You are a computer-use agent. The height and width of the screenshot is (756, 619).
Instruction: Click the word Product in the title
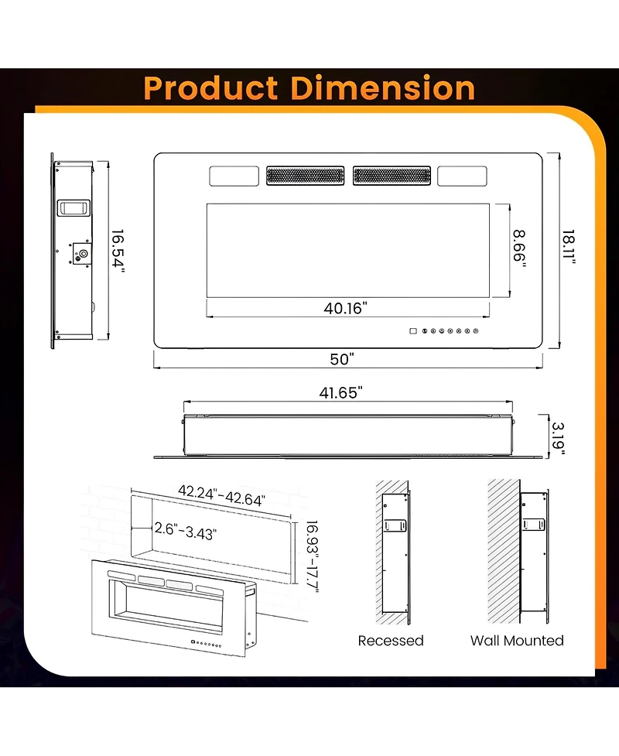click(x=211, y=88)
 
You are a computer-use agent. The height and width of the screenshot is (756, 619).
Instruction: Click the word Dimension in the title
click(x=382, y=88)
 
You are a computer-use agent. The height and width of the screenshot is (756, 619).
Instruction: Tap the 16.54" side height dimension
click(x=117, y=250)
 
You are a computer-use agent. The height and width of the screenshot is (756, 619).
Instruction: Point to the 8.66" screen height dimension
click(x=519, y=248)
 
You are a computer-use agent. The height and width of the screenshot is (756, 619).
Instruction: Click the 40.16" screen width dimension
click(x=345, y=308)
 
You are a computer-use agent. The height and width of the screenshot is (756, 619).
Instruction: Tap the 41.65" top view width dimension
click(x=343, y=392)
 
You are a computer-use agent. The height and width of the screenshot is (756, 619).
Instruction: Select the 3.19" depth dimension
click(x=557, y=438)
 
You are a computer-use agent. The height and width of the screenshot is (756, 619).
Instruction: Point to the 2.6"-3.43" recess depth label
click(x=185, y=533)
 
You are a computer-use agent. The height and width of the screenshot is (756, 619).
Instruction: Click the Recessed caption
click(x=391, y=641)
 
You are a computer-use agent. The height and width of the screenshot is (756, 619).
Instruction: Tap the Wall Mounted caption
click(x=517, y=641)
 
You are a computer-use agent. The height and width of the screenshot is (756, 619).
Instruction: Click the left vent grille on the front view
click(x=306, y=176)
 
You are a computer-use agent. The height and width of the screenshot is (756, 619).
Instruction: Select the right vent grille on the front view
click(x=392, y=176)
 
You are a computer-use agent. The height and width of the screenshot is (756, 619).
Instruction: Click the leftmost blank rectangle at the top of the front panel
click(x=234, y=176)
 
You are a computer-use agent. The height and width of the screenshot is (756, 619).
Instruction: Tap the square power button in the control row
click(x=412, y=332)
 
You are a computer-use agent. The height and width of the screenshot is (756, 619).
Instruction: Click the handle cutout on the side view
click(x=74, y=207)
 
